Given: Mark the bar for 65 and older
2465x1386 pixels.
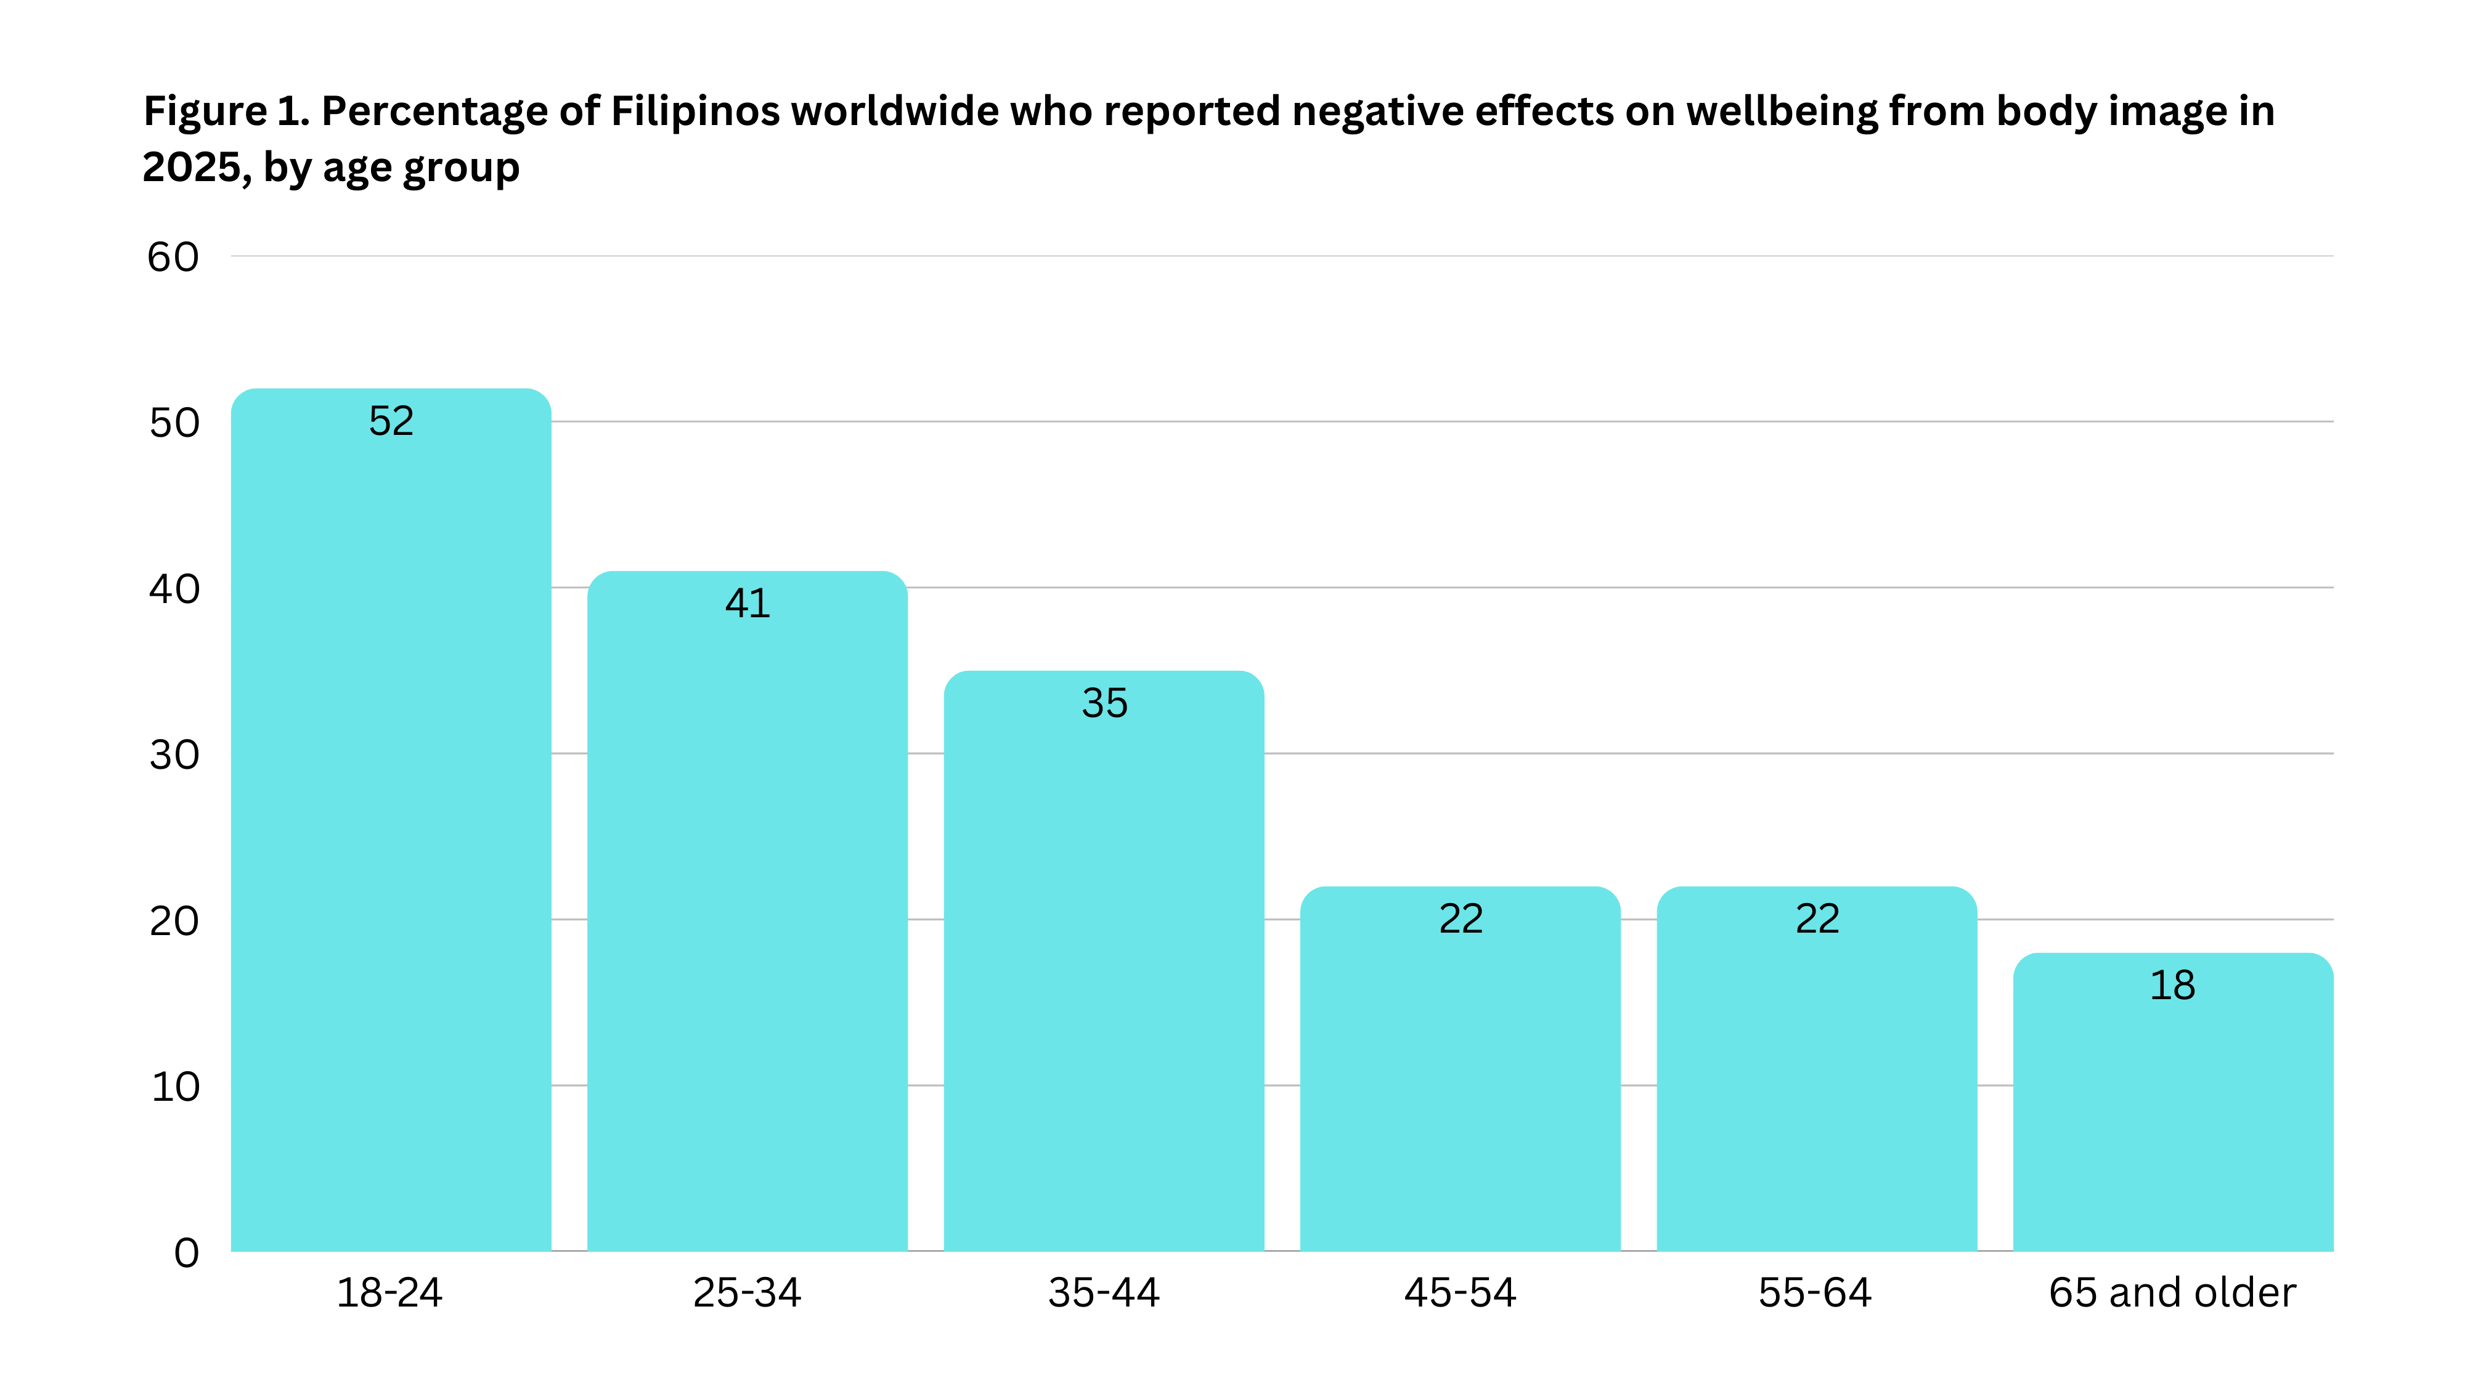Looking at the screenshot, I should pyautogui.click(x=2172, y=1119).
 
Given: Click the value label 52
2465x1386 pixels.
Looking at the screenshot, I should pyautogui.click(x=391, y=421).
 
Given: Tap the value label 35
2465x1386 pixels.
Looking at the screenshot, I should pyautogui.click(x=1104, y=703).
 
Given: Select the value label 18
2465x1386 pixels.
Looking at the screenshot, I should pyautogui.click(x=2172, y=985).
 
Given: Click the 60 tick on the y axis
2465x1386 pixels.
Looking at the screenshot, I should pyautogui.click(x=173, y=257).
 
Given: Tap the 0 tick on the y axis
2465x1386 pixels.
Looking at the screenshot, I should pyautogui.click(x=187, y=1253).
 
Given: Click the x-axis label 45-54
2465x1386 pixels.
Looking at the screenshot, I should pyautogui.click(x=1461, y=1293).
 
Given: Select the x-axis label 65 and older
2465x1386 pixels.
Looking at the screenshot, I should pyautogui.click(x=2172, y=1293).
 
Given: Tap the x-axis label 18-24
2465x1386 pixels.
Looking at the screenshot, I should pyautogui.click(x=389, y=1293).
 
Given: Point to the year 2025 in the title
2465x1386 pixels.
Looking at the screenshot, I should pyautogui.click(x=192, y=168).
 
